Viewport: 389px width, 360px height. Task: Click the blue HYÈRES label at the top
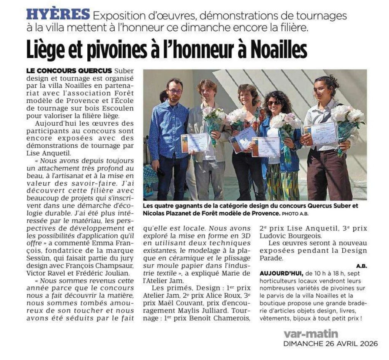[x=58, y=15]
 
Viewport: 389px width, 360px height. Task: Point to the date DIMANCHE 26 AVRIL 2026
[x=331, y=344]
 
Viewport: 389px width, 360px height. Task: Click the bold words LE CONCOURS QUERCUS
[x=69, y=71]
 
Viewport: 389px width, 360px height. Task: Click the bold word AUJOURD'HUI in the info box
[x=281, y=273]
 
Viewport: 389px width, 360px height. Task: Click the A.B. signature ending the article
[x=362, y=266]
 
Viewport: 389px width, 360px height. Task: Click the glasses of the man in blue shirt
[x=174, y=92]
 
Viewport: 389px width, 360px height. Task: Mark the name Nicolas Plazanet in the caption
[x=166, y=213]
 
